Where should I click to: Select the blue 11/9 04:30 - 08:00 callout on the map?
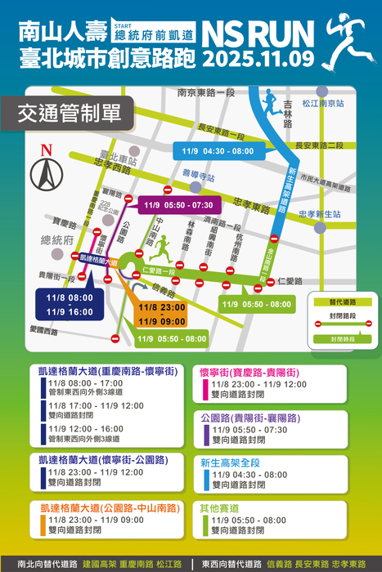[218, 151]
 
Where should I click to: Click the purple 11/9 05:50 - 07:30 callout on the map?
[178, 204]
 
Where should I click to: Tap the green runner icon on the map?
[164, 246]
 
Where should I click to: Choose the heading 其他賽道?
[221, 507]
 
